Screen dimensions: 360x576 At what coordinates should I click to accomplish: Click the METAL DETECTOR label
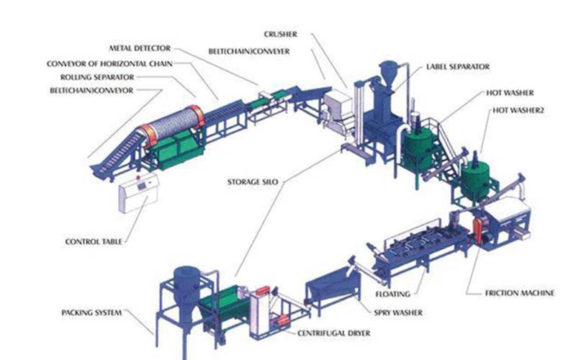point(140,48)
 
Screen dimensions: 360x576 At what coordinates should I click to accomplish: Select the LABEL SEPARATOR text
point(458,66)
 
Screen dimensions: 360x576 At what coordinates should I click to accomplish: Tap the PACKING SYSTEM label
point(91,312)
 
